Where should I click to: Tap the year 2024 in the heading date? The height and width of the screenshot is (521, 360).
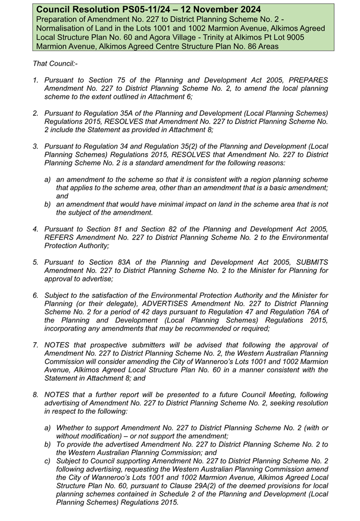point(247,10)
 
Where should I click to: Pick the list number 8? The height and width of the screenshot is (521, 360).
point(36,394)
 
